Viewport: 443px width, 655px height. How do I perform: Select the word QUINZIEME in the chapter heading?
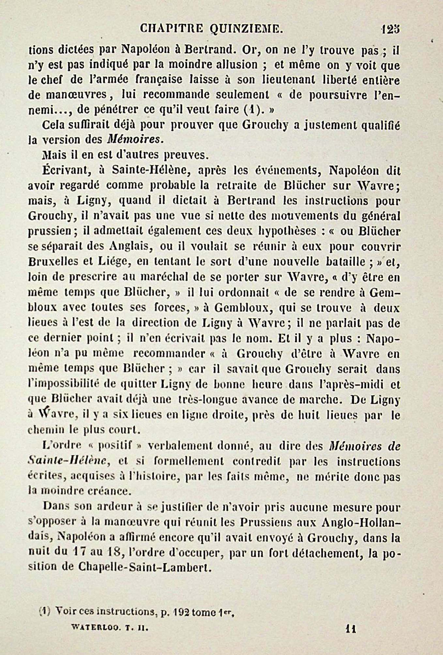coord(246,29)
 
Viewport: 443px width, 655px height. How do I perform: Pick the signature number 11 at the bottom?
coord(350,628)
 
